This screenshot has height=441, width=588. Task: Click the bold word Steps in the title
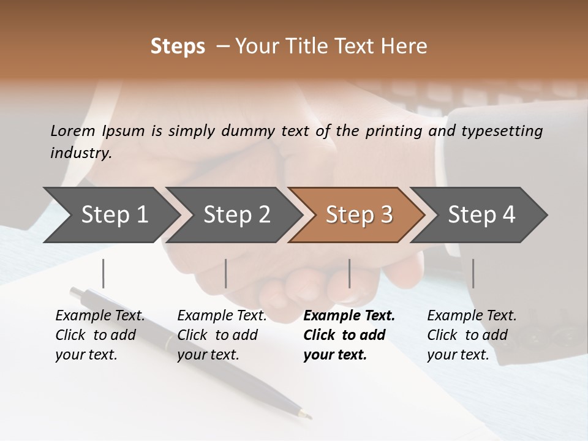point(178,47)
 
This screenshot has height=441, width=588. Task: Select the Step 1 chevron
point(110,215)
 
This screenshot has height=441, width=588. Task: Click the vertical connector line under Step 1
point(104,273)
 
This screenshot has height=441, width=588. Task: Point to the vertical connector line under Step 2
point(226,273)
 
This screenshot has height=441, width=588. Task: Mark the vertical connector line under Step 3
point(349,273)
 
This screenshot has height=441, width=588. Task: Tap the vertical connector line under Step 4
point(473,273)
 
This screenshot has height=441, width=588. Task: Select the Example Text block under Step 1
point(100,335)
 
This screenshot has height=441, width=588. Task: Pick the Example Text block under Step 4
point(472,335)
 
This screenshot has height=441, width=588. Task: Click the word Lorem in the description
point(73,131)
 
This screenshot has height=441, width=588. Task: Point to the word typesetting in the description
point(502,131)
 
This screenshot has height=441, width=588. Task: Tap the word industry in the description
point(81,153)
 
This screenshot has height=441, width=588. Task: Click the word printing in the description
point(396,131)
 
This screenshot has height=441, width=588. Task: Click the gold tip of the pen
point(307,416)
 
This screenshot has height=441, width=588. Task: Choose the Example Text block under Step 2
point(222,335)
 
